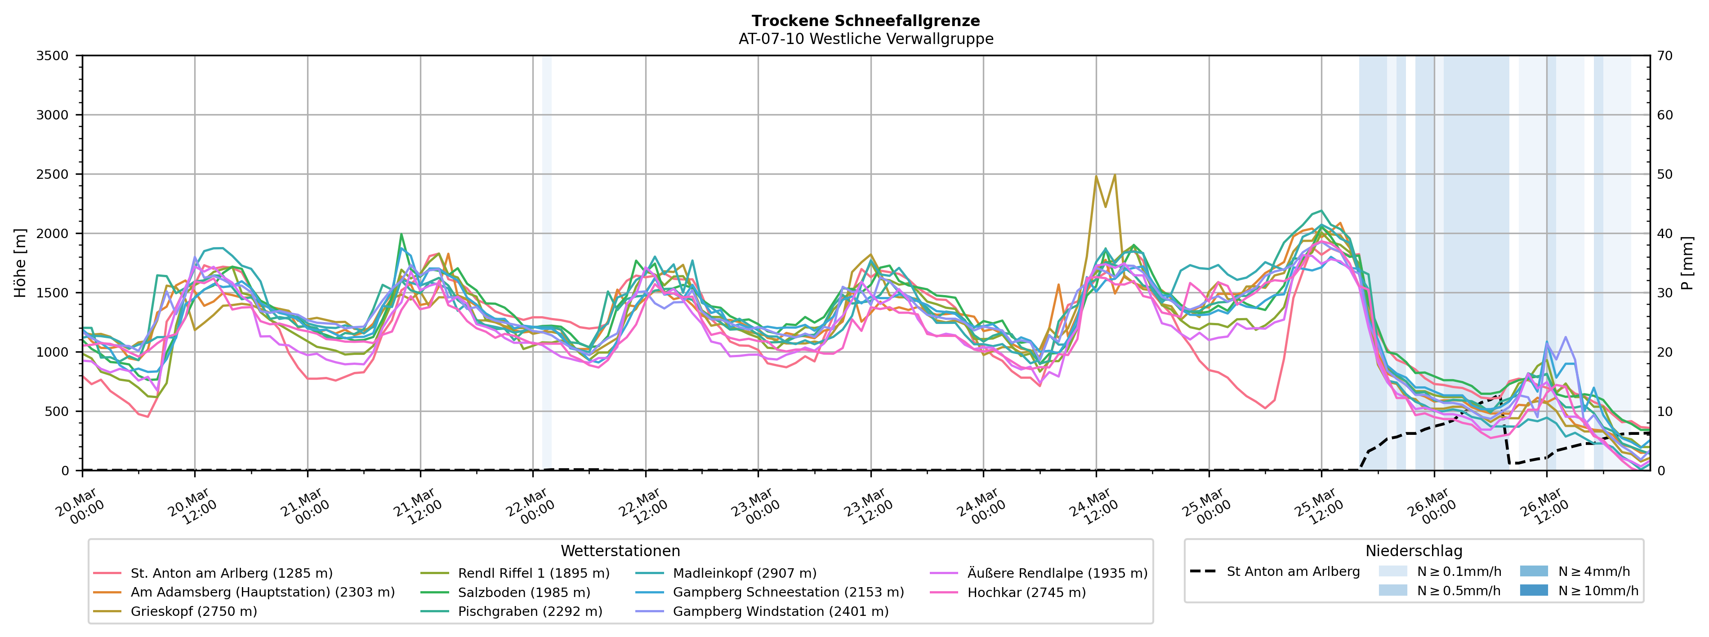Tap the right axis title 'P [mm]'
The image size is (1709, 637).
tap(1687, 263)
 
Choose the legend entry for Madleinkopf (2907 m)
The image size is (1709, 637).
tap(745, 573)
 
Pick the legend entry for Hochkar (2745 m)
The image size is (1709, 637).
tap(1026, 593)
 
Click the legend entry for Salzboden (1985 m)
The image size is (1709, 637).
tap(523, 593)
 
